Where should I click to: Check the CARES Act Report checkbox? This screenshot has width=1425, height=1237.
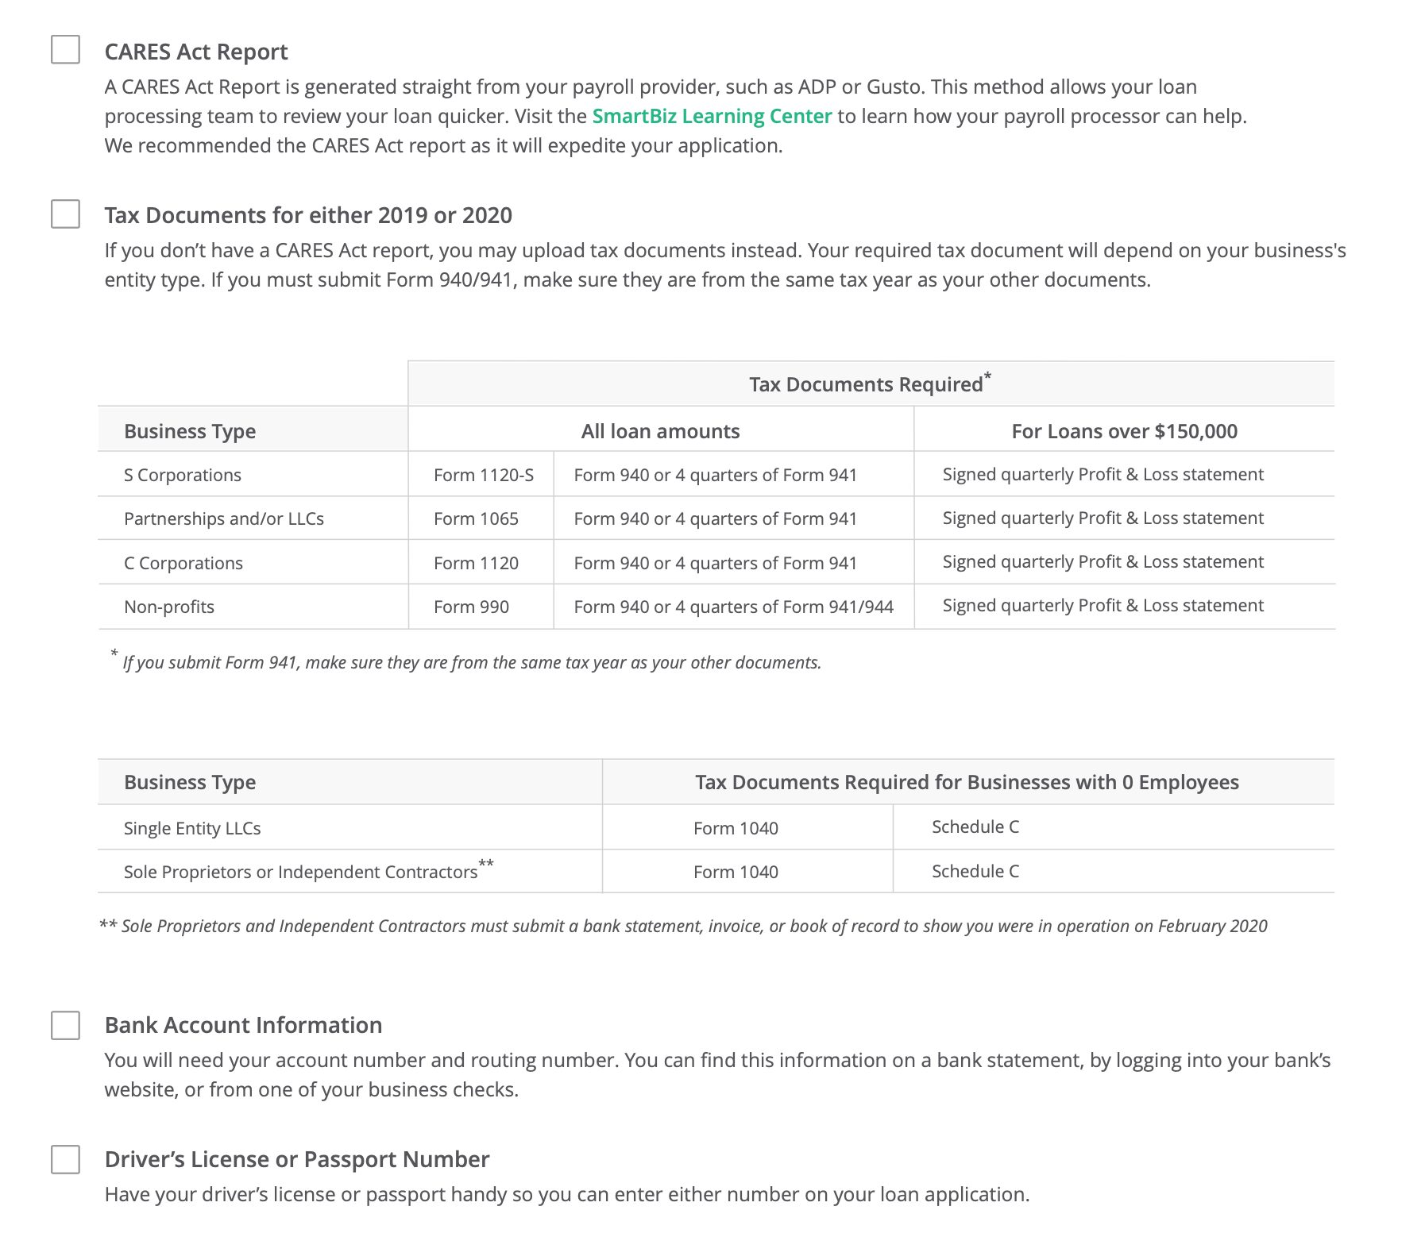[x=65, y=49]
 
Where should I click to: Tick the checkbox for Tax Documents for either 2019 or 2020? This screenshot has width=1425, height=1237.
[x=65, y=214]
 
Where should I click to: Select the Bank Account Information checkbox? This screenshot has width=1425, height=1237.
[x=65, y=1025]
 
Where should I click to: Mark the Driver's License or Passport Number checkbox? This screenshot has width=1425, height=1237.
[x=65, y=1159]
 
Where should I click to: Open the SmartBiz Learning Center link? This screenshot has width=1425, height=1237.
[x=712, y=116]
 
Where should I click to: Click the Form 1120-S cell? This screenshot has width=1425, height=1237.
[x=484, y=475]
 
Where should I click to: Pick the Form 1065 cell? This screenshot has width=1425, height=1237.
[x=476, y=518]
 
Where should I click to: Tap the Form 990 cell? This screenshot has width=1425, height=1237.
[x=471, y=607]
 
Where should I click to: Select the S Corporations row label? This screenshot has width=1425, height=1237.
[x=183, y=475]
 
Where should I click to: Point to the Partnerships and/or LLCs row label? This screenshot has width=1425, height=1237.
[x=224, y=518]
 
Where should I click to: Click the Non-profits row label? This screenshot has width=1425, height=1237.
[x=169, y=607]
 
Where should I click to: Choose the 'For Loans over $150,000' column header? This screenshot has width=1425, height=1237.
[x=1124, y=431]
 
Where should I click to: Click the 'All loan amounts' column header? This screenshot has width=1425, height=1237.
[x=660, y=431]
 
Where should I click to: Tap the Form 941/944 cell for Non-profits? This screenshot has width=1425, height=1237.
[x=733, y=607]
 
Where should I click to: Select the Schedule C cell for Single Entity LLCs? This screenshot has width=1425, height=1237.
[x=975, y=827]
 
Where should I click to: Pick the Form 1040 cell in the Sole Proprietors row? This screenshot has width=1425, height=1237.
[x=736, y=872]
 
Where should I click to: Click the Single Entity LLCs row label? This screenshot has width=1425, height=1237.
[x=192, y=828]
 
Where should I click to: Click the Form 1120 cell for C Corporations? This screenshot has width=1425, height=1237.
[x=476, y=563]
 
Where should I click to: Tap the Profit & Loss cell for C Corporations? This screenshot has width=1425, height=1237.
[x=1103, y=562]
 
